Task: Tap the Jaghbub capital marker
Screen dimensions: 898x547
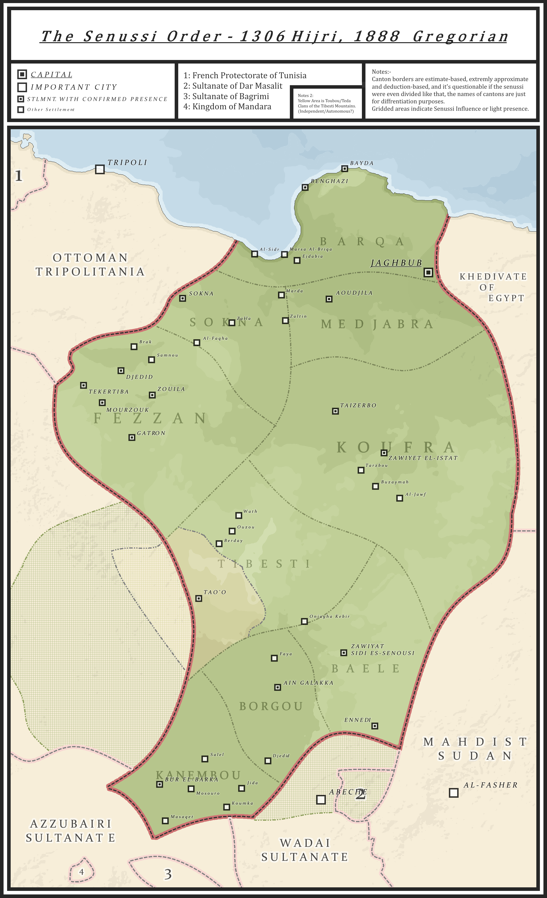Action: click(x=428, y=272)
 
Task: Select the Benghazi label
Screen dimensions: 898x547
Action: click(x=329, y=181)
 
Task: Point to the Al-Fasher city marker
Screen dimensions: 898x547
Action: click(x=453, y=793)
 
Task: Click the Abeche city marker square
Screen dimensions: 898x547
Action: click(x=321, y=799)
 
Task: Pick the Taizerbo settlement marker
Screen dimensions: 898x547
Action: click(x=335, y=411)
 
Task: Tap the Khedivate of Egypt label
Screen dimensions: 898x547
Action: click(x=493, y=287)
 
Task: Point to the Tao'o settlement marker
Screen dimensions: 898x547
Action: click(x=199, y=598)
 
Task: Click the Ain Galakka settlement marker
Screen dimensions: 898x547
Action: click(x=277, y=687)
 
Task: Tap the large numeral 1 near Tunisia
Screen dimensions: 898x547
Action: click(x=18, y=176)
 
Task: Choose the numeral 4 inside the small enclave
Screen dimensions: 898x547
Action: click(x=81, y=872)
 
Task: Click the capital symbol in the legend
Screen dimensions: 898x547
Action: click(x=22, y=74)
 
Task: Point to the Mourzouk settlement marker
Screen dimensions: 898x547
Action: click(x=102, y=403)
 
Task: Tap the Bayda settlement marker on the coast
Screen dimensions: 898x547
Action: click(x=344, y=169)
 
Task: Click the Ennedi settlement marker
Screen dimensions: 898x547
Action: click(x=375, y=726)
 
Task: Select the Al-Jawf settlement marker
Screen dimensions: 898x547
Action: click(x=399, y=498)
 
